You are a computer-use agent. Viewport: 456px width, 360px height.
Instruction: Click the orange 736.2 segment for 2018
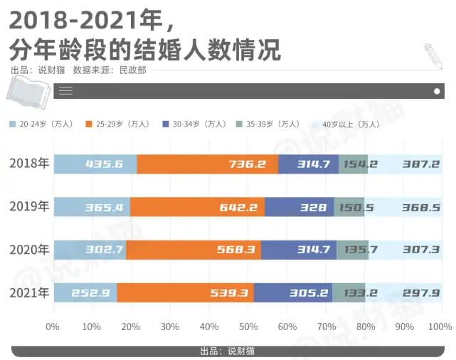click(207, 164)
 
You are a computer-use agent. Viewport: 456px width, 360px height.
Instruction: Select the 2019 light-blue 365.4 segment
click(92, 207)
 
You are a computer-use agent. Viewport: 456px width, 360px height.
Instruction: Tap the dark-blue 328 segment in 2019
click(299, 207)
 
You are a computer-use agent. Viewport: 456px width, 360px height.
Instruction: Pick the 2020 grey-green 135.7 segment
click(352, 250)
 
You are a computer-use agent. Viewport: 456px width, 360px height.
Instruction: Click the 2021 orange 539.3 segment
click(185, 292)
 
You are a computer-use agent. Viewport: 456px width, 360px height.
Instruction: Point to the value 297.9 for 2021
click(421, 293)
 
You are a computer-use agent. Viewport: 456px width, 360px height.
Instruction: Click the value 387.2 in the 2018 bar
click(421, 164)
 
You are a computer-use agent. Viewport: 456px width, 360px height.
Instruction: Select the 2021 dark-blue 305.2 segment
click(293, 292)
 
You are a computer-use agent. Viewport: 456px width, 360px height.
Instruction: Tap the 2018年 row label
click(29, 164)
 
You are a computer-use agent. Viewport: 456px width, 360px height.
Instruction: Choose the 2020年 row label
click(29, 250)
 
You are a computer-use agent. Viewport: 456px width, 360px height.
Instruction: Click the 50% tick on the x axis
click(248, 327)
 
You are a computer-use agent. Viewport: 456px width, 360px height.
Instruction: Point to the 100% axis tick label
click(440, 327)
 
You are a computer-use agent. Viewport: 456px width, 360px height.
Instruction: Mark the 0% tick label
click(53, 327)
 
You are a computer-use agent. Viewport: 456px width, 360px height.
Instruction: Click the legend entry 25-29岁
click(118, 125)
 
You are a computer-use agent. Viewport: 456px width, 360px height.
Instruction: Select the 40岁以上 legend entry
click(346, 125)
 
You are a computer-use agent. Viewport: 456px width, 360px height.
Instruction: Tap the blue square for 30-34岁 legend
click(166, 125)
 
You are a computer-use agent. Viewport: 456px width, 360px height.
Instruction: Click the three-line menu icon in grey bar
click(65, 91)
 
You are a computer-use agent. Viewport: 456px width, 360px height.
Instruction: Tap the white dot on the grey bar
click(437, 91)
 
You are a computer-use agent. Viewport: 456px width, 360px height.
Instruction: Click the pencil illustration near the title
click(433, 56)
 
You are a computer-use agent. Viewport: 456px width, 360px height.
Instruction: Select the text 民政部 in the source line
click(133, 70)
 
